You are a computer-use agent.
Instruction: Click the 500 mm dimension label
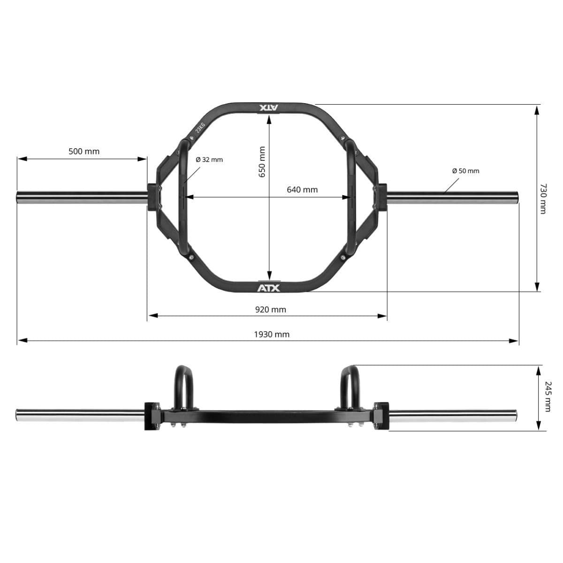84,152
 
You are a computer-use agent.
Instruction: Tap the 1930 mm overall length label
272,335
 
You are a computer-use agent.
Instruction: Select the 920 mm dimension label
270,310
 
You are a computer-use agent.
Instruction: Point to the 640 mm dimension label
302,190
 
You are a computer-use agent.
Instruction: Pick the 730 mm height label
543,198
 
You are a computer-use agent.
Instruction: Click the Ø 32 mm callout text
209,160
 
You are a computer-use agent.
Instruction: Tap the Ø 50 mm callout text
465,171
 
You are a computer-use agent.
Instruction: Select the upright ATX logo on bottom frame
268,287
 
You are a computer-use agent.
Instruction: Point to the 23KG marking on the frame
200,127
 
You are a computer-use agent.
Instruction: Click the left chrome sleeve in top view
82,198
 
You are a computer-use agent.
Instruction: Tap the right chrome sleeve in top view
453,198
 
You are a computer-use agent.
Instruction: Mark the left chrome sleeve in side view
80,415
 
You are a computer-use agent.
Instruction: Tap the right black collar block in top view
380,197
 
